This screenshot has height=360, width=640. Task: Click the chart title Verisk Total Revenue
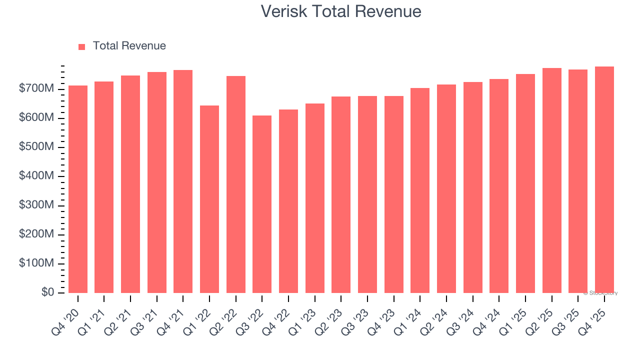click(341, 11)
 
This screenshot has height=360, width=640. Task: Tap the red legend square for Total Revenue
click(82, 46)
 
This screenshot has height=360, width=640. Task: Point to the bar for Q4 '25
click(604, 179)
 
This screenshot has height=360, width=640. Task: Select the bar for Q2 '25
click(551, 180)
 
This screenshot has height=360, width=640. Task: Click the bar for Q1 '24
click(420, 190)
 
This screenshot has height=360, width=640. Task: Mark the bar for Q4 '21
click(183, 181)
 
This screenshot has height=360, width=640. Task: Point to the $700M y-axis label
click(36, 89)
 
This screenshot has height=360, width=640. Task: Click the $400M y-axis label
click(36, 176)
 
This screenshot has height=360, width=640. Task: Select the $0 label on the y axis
click(47, 292)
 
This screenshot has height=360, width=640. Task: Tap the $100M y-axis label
click(36, 263)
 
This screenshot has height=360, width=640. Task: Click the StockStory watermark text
click(600, 293)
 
